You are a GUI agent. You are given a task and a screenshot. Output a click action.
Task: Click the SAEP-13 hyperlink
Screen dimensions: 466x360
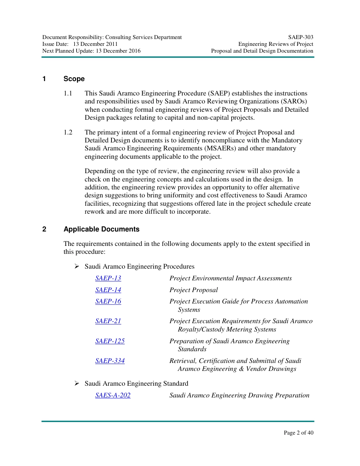(108, 278)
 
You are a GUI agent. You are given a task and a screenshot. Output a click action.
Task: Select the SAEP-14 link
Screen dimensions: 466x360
(108, 290)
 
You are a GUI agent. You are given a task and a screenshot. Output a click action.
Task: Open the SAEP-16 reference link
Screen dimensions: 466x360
(108, 302)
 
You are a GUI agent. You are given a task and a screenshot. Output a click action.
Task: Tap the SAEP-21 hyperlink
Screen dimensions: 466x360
(108, 321)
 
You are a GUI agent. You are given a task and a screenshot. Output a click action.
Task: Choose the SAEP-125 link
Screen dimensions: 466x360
(110, 341)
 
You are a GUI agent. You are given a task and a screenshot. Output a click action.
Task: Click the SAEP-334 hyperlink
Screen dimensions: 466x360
(110, 361)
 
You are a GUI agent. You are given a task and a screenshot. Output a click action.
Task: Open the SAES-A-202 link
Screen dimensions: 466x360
(113, 396)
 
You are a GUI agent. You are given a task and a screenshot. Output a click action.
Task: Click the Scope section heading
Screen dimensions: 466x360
(74, 79)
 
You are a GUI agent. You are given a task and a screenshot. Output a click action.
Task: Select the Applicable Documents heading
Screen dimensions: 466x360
(101, 229)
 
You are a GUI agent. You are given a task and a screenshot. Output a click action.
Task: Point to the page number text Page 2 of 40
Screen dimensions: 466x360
(299, 433)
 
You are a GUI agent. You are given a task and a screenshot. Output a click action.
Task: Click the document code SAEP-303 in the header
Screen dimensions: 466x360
(301, 37)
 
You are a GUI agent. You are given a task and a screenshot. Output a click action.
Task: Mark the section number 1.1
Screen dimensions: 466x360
(68, 93)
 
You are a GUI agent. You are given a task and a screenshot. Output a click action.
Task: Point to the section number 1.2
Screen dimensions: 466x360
(68, 133)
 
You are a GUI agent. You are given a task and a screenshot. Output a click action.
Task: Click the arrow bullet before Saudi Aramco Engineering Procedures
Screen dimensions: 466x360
(77, 267)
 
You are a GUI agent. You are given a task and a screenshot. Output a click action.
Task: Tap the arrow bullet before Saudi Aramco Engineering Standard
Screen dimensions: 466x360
(77, 384)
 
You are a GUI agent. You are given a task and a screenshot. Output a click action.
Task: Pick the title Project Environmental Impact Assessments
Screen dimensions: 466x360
(230, 278)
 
